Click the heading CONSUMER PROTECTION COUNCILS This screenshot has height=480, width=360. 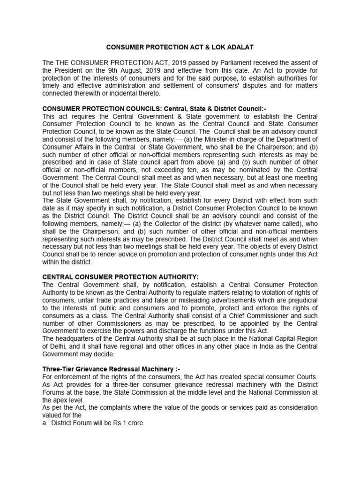point(106,109)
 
